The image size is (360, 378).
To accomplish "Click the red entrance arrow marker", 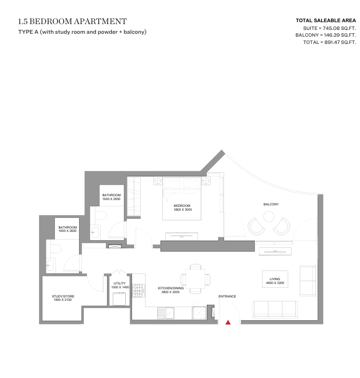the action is [228, 322].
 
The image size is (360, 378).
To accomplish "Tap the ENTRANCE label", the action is [227, 296].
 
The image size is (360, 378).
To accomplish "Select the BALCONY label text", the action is [271, 204].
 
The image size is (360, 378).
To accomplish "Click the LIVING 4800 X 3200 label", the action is [275, 281].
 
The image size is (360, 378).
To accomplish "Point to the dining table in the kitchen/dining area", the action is [196, 279].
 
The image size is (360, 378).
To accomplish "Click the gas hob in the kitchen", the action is [138, 291].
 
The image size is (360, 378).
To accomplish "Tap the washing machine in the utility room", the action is [120, 299].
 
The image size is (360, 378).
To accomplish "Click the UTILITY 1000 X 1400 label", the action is [120, 285].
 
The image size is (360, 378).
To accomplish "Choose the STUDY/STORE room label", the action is [63, 298].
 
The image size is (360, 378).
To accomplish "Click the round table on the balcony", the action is [268, 216].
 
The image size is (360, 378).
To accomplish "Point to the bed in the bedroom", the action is [182, 199].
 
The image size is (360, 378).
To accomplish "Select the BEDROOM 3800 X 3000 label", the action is [183, 207].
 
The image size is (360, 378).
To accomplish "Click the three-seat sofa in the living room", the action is [275, 309].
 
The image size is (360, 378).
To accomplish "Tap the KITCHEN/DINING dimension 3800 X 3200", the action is [171, 292].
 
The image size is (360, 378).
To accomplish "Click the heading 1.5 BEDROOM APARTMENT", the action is [72, 21].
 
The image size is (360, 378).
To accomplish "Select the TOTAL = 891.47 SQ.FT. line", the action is [330, 42].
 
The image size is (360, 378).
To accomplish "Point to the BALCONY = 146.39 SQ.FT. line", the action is [326, 35].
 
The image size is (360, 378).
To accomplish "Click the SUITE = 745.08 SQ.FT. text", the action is [330, 28].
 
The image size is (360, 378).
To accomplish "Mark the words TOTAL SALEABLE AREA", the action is [326, 20].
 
